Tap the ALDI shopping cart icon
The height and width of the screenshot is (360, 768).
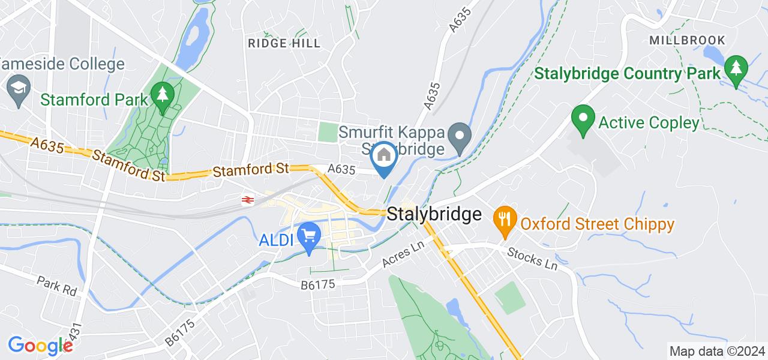pyautogui.click(x=309, y=235)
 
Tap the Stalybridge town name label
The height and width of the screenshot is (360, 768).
pyautogui.click(x=434, y=214)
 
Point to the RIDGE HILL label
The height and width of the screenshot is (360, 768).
pyautogui.click(x=284, y=44)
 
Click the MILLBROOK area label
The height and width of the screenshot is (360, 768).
pyautogui.click(x=687, y=41)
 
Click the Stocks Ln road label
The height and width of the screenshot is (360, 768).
pyautogui.click(x=532, y=258)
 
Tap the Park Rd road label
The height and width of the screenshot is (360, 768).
pyautogui.click(x=57, y=284)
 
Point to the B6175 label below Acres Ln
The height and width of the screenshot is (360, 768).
pyautogui.click(x=317, y=286)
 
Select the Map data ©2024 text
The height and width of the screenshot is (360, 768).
pyautogui.click(x=717, y=351)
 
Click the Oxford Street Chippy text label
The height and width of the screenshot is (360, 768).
pyautogui.click(x=597, y=224)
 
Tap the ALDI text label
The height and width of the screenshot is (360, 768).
pyautogui.click(x=275, y=241)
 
